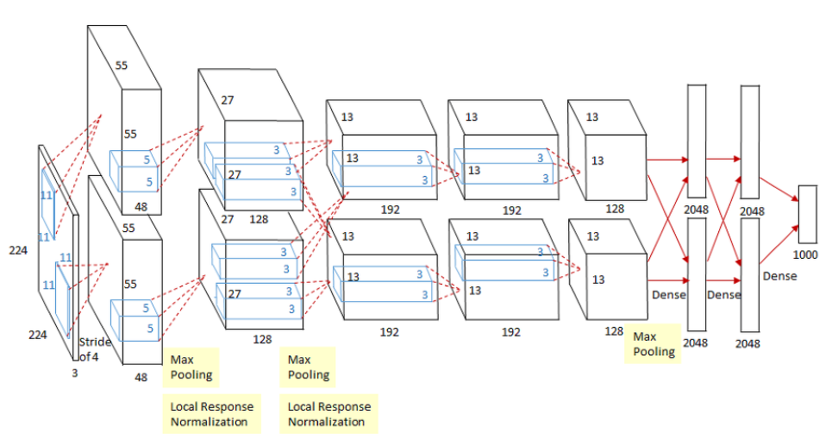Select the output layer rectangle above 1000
807,214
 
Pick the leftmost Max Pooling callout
190,367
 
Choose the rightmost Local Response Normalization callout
328,414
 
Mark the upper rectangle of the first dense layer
697,138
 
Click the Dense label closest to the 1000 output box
779,277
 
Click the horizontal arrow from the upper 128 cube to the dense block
666,160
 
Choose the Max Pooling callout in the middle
308,367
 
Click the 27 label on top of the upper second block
228,100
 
